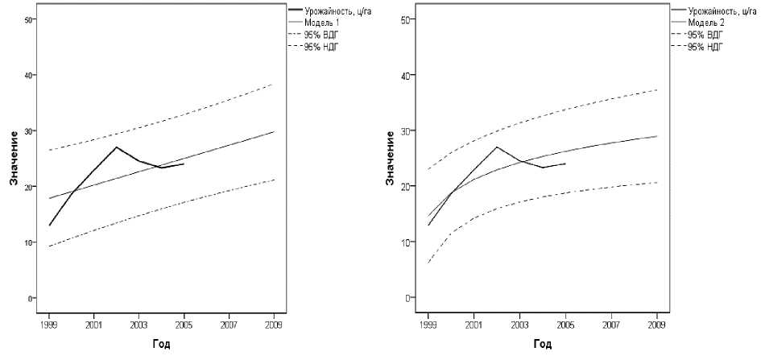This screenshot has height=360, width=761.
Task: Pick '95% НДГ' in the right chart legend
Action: pos(705,47)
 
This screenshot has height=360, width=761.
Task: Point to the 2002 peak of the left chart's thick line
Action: pos(117,147)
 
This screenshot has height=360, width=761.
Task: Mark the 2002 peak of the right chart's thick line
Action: pos(496,147)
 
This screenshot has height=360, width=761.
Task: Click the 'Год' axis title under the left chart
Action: pos(161,345)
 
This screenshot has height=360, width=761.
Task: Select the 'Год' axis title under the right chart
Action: pos(542,345)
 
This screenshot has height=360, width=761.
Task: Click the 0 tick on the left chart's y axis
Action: pos(31,298)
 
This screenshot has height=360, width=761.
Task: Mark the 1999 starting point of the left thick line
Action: pos(49,226)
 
